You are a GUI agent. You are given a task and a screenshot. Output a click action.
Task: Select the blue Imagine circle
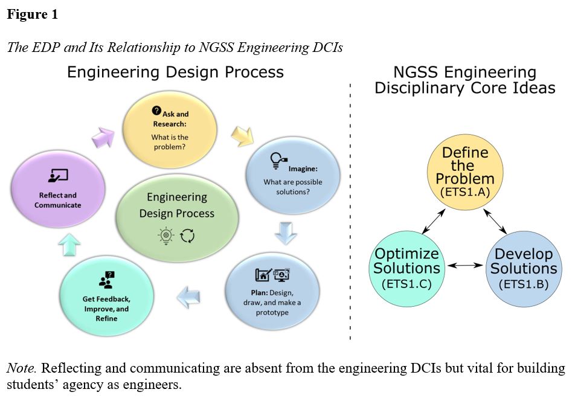293,176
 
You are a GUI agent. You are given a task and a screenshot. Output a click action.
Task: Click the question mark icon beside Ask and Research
156,111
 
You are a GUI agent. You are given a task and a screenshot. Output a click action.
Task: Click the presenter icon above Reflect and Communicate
59,176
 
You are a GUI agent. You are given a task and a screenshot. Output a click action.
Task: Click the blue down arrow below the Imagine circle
285,233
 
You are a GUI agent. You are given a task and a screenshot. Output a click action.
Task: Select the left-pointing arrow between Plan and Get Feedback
191,295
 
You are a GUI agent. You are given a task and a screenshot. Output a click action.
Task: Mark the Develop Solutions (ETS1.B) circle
523,267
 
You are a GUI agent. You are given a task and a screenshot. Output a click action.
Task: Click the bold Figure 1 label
32,14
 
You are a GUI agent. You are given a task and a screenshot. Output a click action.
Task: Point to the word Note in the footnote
21,368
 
